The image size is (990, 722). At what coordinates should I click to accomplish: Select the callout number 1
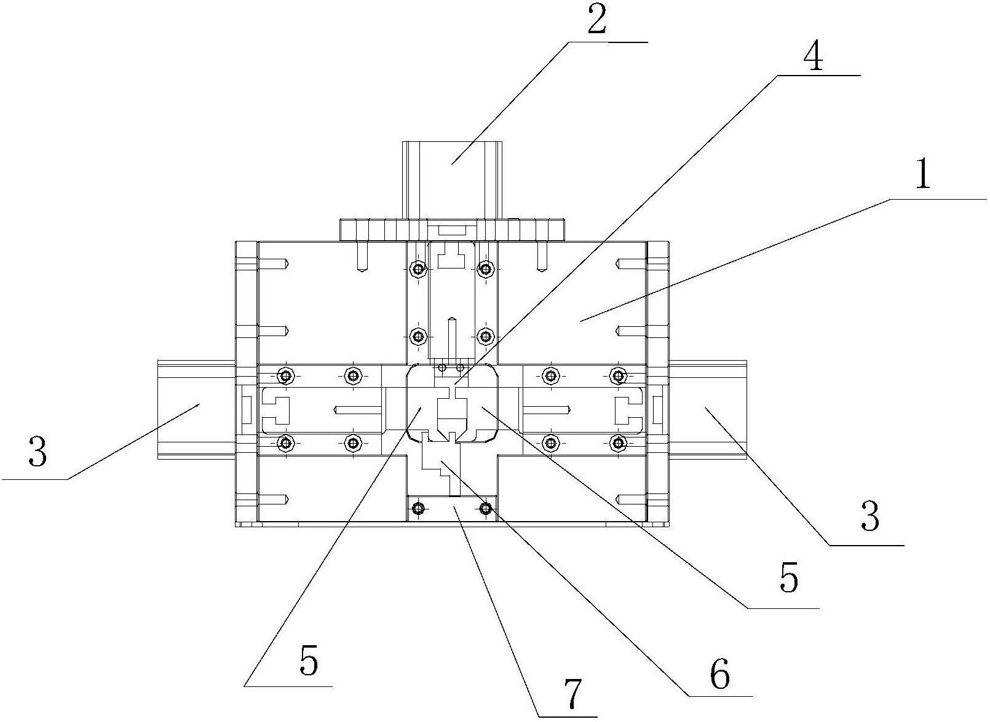coord(922,175)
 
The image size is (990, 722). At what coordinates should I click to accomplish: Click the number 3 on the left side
coord(38,451)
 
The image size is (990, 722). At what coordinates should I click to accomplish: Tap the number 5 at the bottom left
coord(309,662)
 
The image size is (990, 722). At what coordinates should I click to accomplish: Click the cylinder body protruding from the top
coord(453,179)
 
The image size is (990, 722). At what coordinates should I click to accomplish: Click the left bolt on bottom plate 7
coord(417,509)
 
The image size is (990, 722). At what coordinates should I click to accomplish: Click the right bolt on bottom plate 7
coord(486,509)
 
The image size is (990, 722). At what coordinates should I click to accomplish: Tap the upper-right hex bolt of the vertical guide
coord(486,268)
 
